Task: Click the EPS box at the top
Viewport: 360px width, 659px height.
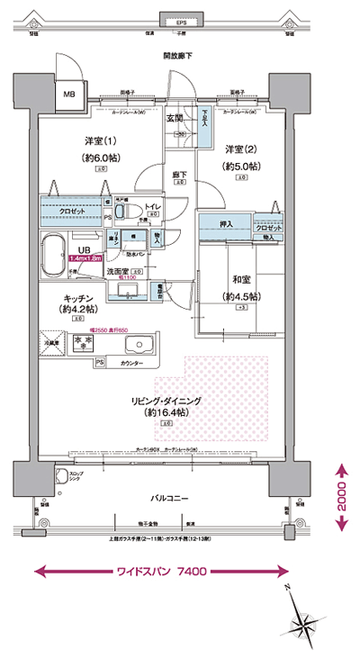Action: (x=181, y=21)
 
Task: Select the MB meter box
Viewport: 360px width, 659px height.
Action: (x=68, y=93)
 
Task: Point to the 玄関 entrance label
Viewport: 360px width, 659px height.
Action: (x=175, y=118)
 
